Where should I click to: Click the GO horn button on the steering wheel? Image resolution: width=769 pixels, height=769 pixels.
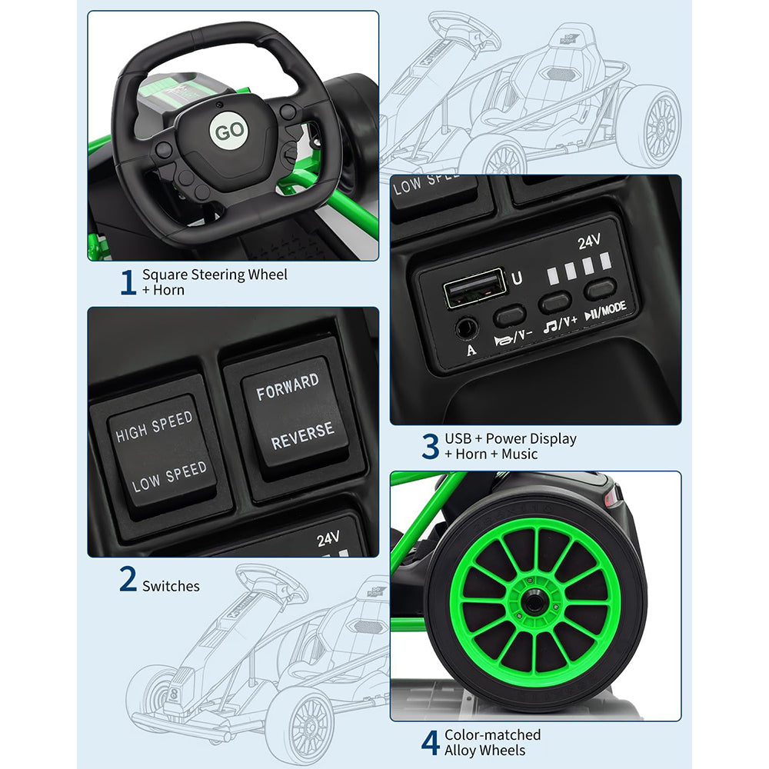coord(229,131)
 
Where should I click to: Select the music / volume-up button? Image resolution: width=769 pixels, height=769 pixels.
coord(554,302)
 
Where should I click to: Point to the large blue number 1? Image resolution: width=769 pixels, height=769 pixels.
coord(128,282)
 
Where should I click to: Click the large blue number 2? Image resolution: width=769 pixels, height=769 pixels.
coord(128,578)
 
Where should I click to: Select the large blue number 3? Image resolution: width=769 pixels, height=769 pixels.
coord(430,446)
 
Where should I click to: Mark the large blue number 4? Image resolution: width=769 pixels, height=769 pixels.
coord(430,743)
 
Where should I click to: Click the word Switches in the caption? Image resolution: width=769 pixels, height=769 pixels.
coord(171,586)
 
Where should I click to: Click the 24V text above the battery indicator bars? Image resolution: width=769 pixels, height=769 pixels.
coord(589,241)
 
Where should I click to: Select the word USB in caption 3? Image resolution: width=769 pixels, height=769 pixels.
coord(458,439)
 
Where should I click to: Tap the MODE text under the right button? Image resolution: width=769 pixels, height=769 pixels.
coord(614,308)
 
